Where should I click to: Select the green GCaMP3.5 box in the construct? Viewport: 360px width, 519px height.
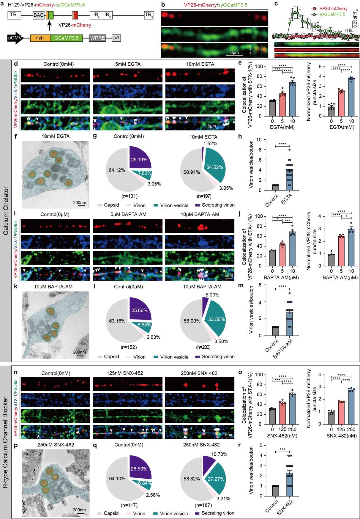point(67,38)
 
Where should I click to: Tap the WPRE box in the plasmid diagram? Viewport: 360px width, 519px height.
point(97,38)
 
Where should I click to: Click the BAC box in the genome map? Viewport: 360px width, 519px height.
point(39,15)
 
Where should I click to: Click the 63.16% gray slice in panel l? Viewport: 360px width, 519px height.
point(117,321)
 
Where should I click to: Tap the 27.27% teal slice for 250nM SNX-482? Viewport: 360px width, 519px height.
point(216,479)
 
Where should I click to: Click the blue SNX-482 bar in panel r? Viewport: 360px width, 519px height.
point(290,484)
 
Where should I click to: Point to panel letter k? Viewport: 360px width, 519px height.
point(15,287)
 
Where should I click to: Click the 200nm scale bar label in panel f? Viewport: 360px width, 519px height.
point(80,202)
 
